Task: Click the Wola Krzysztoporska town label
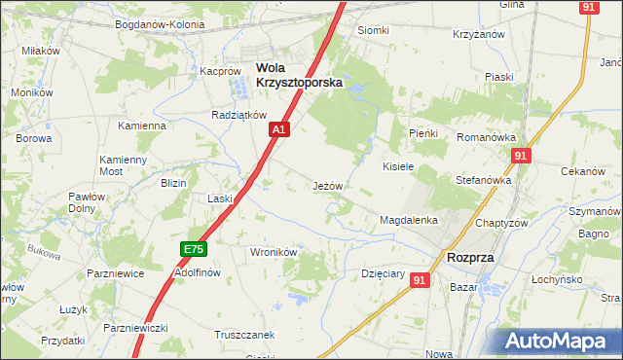[299, 75]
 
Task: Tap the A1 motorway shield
[279, 128]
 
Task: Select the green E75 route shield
[194, 250]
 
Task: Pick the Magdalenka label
[409, 221]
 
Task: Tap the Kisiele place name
[398, 166]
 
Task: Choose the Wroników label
[273, 251]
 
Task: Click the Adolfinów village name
[199, 272]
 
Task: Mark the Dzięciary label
[383, 273]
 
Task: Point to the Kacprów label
[220, 71]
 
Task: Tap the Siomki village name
[373, 30]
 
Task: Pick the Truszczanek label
[244, 335]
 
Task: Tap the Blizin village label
[173, 183]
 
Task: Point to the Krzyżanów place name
[476, 34]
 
